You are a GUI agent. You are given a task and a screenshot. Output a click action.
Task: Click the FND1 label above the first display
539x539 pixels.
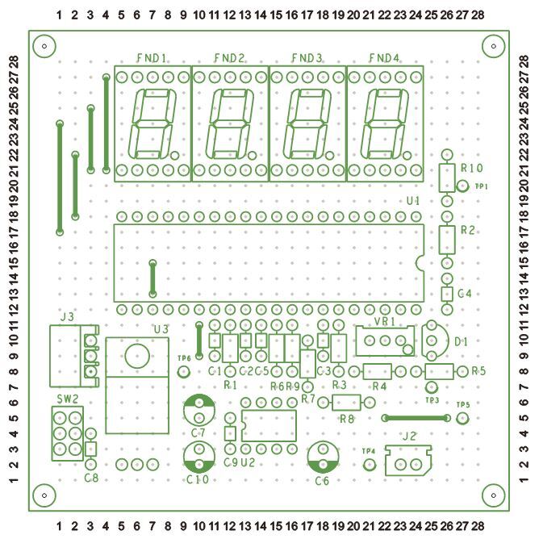point(152,58)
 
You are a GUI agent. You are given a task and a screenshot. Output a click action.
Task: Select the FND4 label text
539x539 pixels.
point(384,58)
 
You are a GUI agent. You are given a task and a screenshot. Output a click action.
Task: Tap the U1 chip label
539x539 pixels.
point(413,201)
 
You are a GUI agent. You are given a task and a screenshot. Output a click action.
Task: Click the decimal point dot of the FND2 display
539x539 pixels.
point(252,156)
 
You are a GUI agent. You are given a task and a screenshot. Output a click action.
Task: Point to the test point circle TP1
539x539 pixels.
point(462,186)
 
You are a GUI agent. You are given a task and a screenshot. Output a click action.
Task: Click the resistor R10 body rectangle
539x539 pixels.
point(447,178)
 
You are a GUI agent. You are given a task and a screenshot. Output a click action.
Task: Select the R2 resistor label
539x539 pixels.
point(467,230)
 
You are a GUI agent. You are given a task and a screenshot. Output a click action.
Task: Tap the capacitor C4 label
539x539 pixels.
point(465,294)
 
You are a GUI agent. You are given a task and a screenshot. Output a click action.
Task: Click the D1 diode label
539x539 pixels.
point(462,342)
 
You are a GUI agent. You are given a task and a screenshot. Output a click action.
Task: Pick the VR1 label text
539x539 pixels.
point(384,321)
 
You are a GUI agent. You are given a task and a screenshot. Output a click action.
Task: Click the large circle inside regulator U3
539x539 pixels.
point(137,356)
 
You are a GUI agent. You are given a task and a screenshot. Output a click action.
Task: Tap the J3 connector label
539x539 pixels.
point(67,316)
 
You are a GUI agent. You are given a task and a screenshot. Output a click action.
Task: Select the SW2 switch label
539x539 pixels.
point(68,399)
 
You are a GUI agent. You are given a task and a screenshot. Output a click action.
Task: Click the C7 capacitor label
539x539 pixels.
point(198,433)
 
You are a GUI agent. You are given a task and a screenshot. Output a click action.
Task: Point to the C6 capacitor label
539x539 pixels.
point(322,481)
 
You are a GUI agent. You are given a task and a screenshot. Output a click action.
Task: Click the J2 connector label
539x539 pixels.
point(409,437)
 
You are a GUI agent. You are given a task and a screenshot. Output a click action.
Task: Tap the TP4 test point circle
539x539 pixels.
point(370,465)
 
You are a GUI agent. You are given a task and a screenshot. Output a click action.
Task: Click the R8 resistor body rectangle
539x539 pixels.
point(346,403)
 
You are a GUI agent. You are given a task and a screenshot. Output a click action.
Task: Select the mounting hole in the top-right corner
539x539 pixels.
point(493,46)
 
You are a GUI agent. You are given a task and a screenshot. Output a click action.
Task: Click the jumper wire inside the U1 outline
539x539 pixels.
point(153,278)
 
